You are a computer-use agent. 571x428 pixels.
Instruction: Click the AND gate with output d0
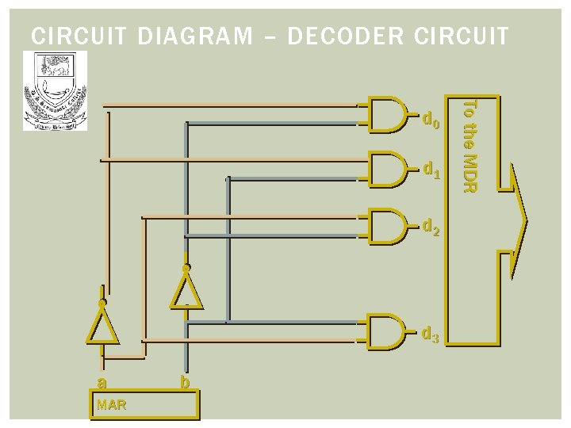(x=389, y=114)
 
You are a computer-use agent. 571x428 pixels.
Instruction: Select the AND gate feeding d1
(x=389, y=169)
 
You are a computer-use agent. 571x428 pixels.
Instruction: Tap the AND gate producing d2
(x=389, y=225)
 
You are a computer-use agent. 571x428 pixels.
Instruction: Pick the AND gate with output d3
(x=389, y=331)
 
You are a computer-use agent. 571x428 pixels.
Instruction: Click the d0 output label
(x=431, y=121)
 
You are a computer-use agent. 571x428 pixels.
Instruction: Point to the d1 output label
(x=431, y=169)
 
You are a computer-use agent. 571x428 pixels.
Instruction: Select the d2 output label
(x=431, y=228)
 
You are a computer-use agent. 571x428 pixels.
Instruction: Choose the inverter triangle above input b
(x=186, y=290)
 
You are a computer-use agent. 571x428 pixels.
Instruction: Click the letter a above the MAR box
(x=100, y=383)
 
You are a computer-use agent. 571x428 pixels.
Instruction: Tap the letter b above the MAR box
(x=184, y=382)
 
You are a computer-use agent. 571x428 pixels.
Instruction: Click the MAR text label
(x=110, y=406)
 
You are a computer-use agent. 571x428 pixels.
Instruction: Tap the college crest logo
(x=55, y=90)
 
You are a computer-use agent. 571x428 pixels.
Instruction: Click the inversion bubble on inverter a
(x=102, y=303)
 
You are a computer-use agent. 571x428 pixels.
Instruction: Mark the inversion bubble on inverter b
(x=186, y=269)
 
